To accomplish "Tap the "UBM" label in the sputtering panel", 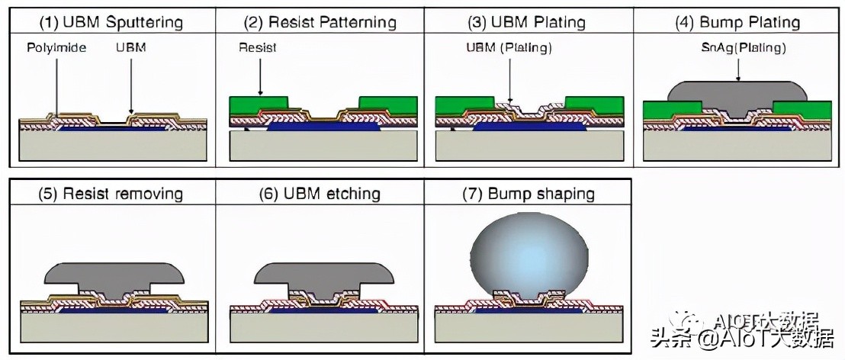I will pyautogui.click(x=130, y=47).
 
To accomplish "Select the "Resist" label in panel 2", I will pyautogui.click(x=258, y=47).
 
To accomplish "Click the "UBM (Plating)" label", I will pyautogui.click(x=509, y=47).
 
